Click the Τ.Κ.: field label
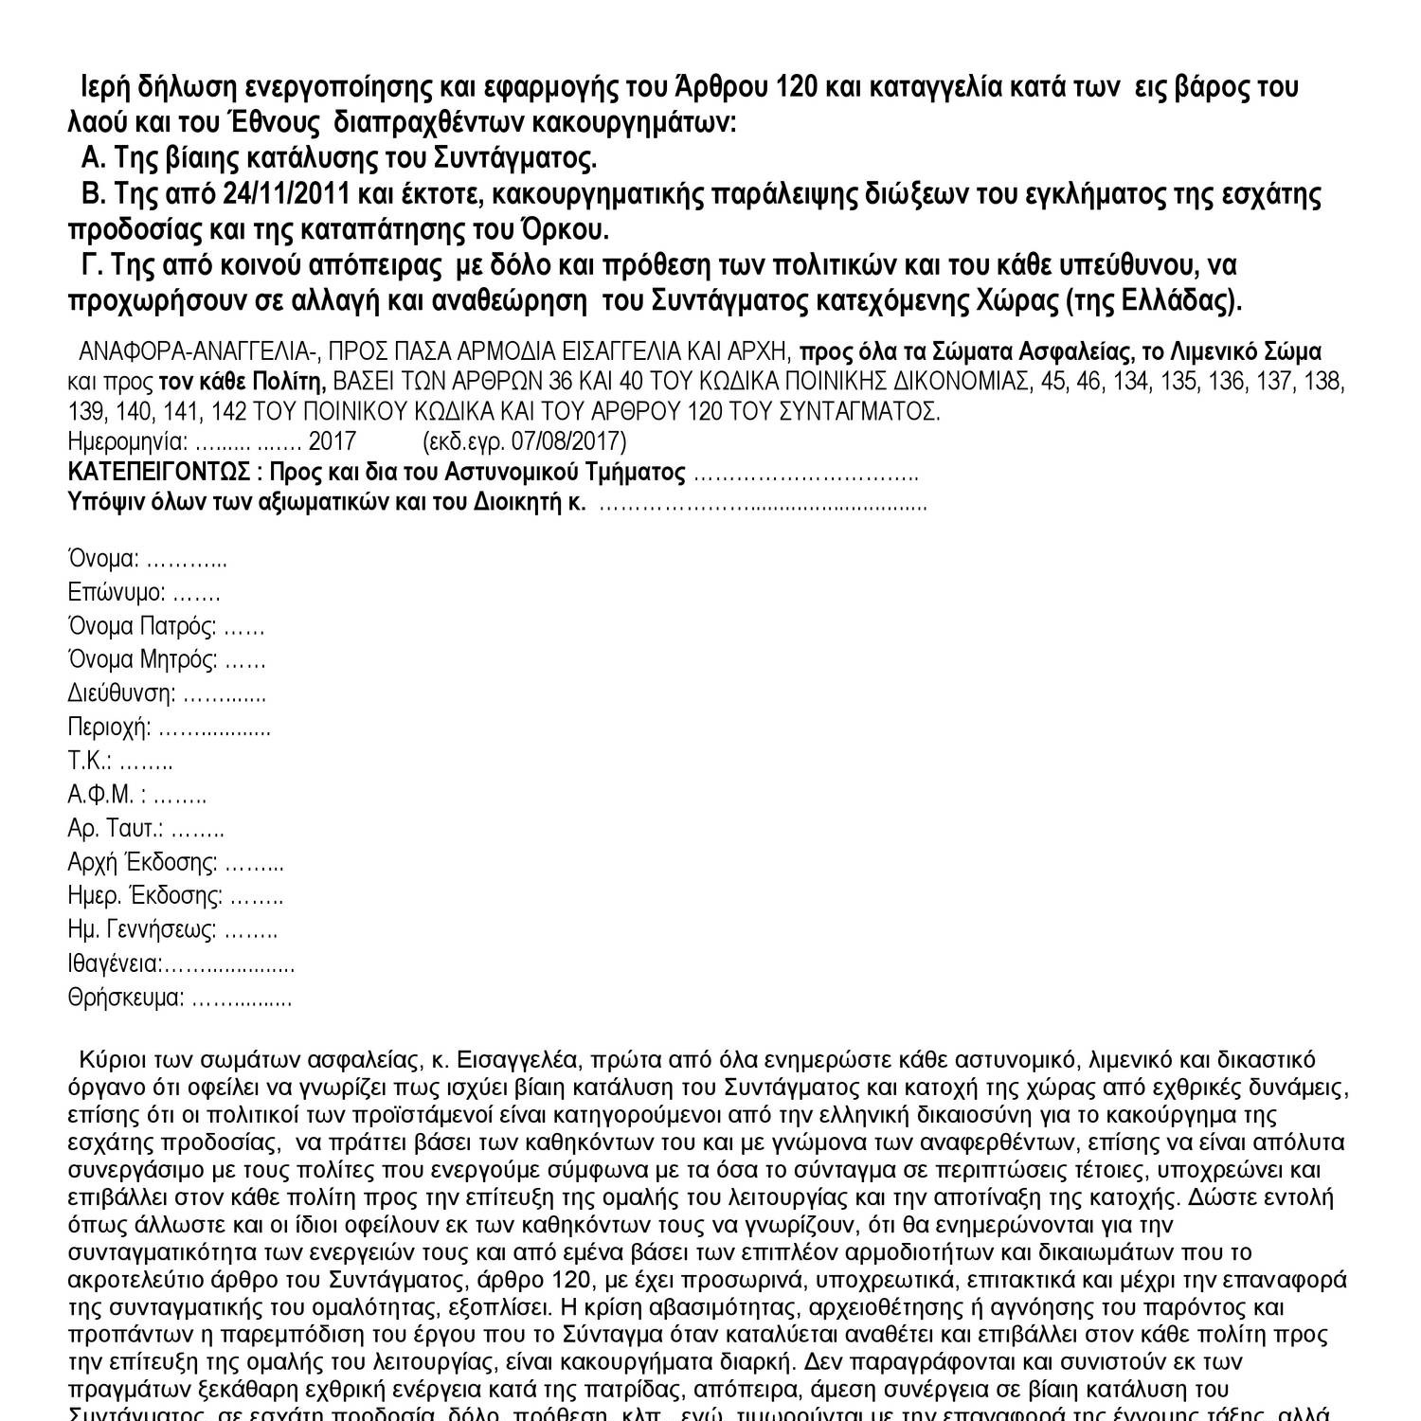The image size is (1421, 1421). point(91,762)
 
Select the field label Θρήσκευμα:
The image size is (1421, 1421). point(126,998)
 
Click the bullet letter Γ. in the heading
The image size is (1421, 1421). point(93,264)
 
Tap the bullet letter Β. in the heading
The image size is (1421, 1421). point(93,195)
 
